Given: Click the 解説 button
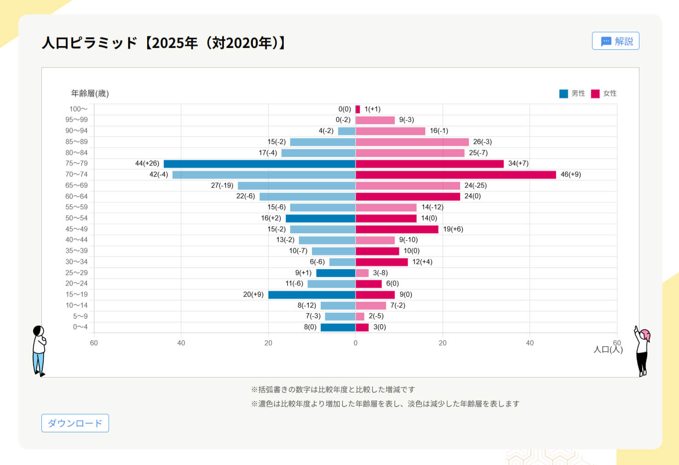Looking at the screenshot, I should [616, 41].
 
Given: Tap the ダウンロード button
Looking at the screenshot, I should [75, 423].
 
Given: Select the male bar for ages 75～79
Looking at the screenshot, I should [259, 164].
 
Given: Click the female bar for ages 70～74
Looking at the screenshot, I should [455, 175].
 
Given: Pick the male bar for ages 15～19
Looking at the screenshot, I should [311, 294].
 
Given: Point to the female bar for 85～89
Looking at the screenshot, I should [412, 142].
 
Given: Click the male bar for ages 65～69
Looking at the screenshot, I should [296, 185].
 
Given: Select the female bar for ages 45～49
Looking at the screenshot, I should [397, 229].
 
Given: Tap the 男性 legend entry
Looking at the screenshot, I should [572, 93].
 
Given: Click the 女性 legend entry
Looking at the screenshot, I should [604, 93].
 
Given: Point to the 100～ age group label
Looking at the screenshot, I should [78, 109].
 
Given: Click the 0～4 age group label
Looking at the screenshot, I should [80, 327].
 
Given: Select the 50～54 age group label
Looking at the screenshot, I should [76, 218].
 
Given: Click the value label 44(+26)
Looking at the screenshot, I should [147, 163].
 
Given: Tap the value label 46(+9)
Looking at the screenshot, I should [570, 174].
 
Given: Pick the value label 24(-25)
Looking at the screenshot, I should [475, 185].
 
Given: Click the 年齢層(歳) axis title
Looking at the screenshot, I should [90, 93].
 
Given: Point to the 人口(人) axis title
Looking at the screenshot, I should [608, 350].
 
